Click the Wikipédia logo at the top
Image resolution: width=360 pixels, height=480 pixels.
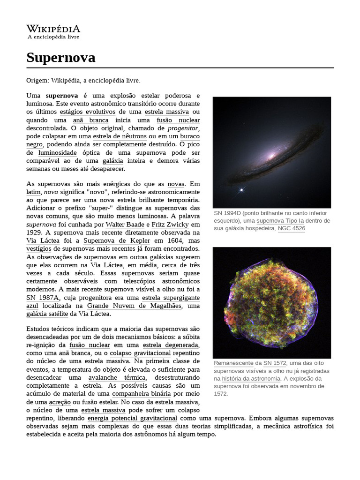click(x=53, y=31)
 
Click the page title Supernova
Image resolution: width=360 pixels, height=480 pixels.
click(x=61, y=58)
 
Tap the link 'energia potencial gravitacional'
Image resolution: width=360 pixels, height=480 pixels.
click(x=132, y=418)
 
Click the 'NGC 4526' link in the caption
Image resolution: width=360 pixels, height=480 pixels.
click(x=291, y=228)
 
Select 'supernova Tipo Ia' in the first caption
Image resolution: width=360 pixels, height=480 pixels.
click(x=280, y=220)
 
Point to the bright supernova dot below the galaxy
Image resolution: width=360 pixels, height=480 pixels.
click(x=242, y=190)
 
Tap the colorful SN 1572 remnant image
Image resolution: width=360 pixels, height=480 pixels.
click(x=271, y=302)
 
